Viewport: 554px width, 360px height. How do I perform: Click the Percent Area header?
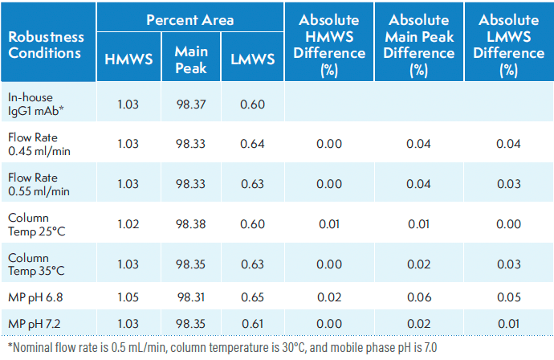189,19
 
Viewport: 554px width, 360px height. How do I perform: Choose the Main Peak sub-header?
191,59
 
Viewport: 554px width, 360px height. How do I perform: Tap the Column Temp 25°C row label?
39,224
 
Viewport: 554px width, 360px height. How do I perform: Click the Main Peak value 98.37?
191,102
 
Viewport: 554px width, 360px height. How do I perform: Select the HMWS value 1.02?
128,224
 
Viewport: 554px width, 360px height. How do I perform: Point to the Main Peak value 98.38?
191,224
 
